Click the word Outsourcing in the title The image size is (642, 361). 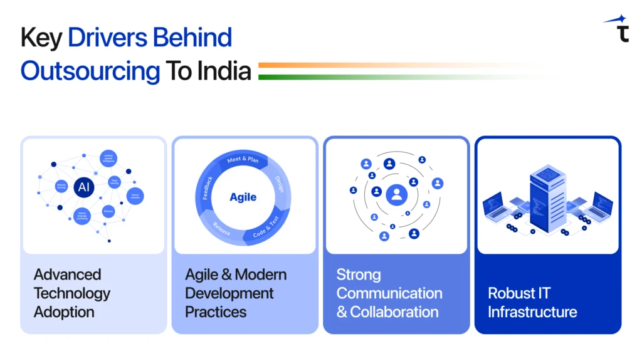[x=90, y=71]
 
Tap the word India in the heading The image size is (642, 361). [x=224, y=71]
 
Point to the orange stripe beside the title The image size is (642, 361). [x=376, y=65]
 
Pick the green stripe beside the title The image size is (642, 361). [x=376, y=77]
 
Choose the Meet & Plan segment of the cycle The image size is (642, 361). [x=243, y=160]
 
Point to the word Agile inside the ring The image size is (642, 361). [x=243, y=197]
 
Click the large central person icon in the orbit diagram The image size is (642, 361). [x=396, y=195]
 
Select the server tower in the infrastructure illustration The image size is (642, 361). [x=547, y=194]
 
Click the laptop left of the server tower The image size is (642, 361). [x=500, y=206]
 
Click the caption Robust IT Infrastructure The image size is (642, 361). [x=532, y=302]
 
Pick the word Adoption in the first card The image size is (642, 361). [x=64, y=311]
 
